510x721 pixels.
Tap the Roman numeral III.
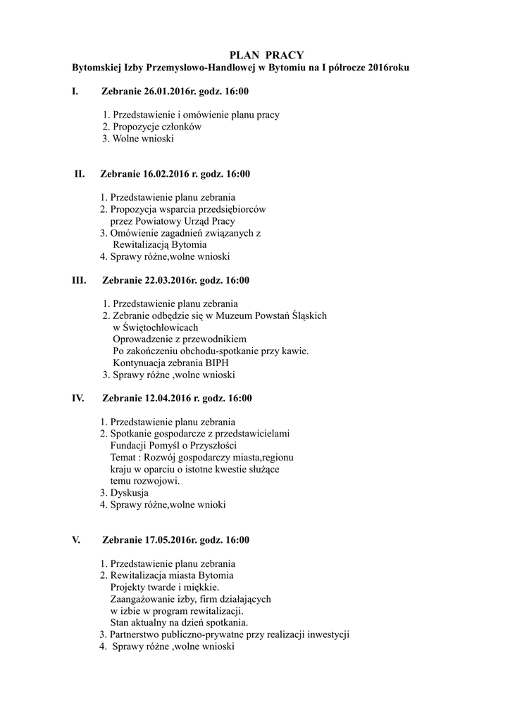[x=80, y=281]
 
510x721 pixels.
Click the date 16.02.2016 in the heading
[x=161, y=174]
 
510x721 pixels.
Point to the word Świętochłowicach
[x=159, y=327]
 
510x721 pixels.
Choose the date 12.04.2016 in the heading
[x=162, y=399]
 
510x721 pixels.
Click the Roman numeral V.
[x=76, y=541]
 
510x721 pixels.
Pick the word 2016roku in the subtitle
[x=388, y=68]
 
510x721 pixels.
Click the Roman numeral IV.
[x=78, y=399]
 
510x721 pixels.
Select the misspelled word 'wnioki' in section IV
[x=213, y=504]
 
